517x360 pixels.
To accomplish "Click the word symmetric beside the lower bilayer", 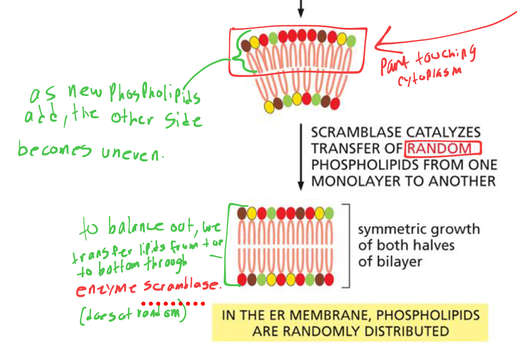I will pos(390,229).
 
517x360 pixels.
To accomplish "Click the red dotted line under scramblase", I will pos(173,303).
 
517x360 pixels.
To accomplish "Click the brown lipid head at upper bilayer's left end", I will pos(246,45).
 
